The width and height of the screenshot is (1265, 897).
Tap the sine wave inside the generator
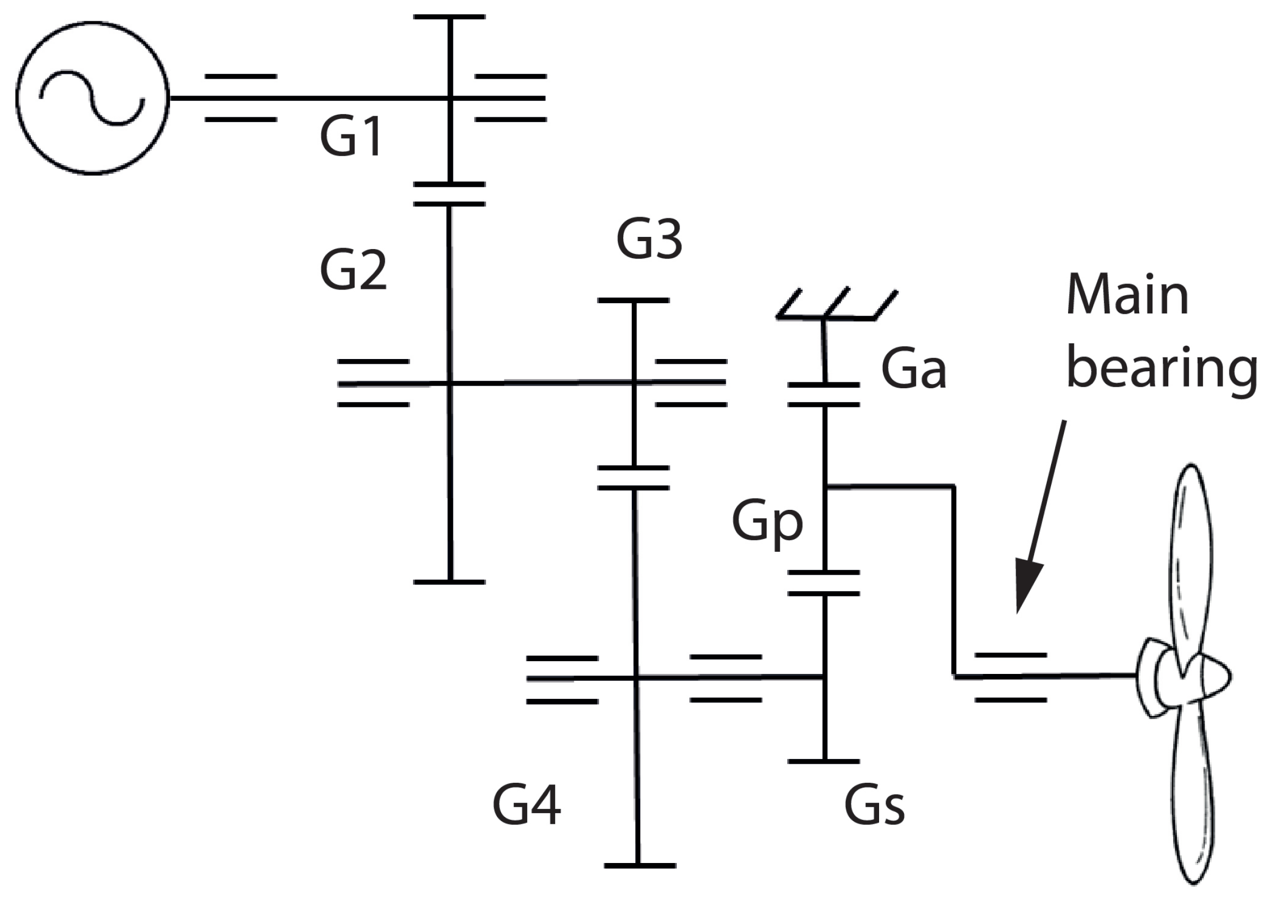coord(92,98)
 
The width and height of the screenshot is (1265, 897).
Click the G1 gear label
coord(351,136)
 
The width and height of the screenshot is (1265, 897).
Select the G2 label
coord(353,270)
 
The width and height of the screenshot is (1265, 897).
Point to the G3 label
coord(649,239)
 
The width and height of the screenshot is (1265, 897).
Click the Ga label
coord(914,369)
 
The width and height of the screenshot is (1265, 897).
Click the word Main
coord(1127,295)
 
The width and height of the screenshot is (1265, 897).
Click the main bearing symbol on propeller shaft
coord(1010,676)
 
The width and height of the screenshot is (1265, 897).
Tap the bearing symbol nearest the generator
coord(241,98)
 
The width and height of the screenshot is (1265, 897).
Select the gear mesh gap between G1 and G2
coord(450,194)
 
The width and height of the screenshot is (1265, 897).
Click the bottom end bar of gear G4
coord(640,866)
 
